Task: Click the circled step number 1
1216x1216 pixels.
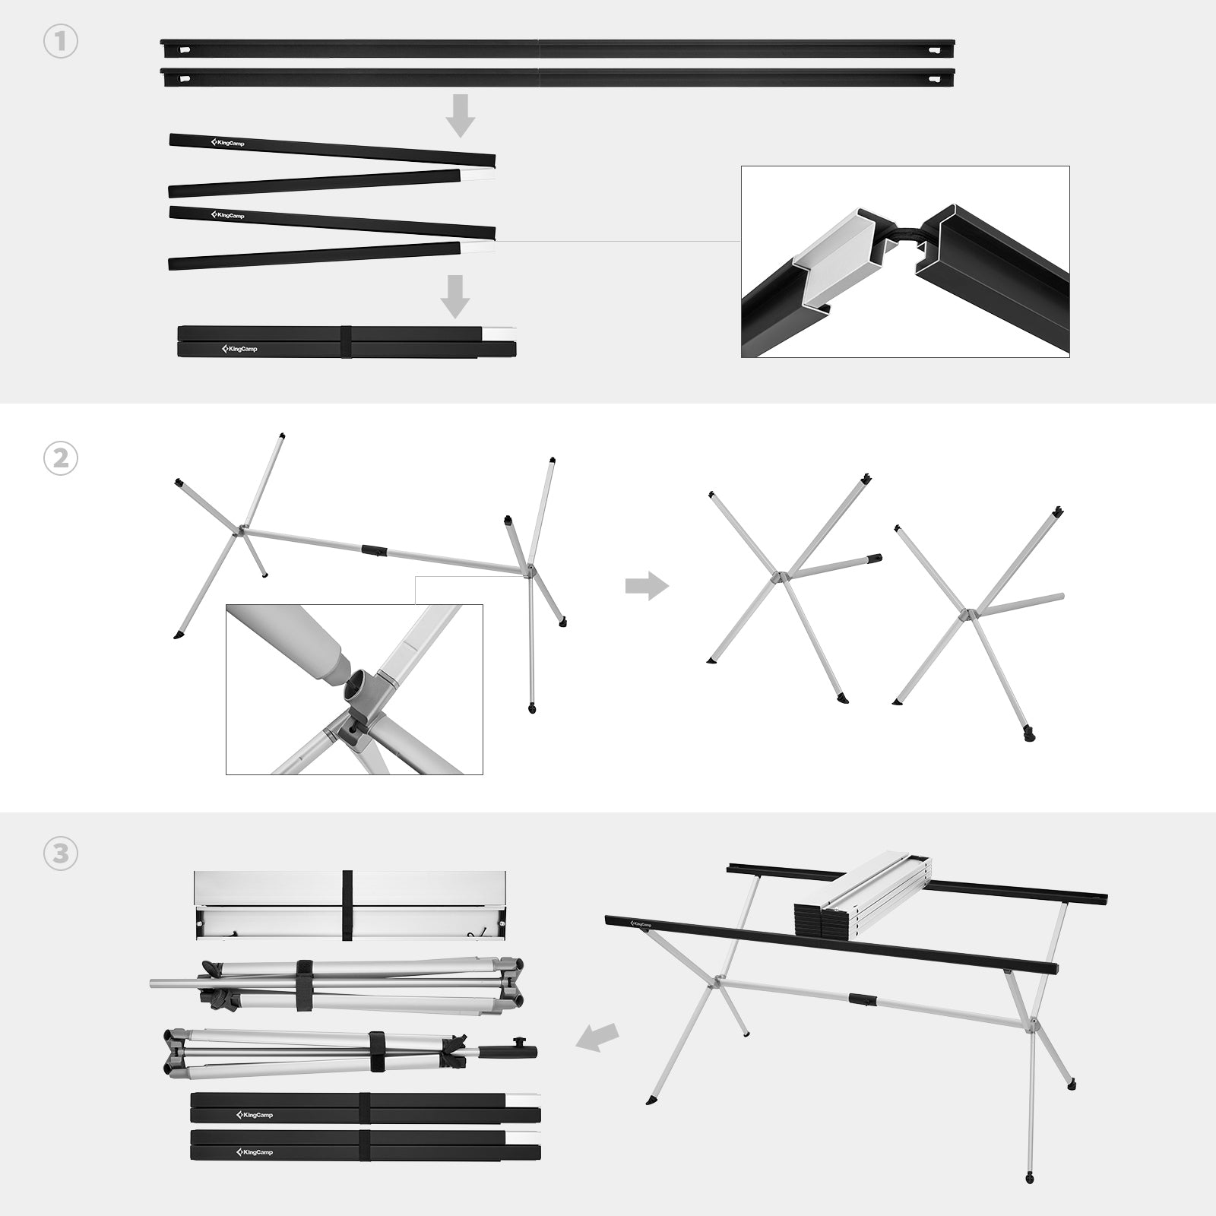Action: pos(61,43)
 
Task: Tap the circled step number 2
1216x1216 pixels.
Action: pos(61,460)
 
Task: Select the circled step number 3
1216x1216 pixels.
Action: pos(61,854)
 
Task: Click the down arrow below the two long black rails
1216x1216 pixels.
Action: pos(460,115)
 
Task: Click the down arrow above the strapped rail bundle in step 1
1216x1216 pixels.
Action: pos(455,296)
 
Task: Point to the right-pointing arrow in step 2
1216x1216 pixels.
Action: pos(647,586)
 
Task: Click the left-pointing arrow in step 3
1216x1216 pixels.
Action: pos(597,1037)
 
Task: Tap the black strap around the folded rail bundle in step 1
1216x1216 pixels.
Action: pos(346,341)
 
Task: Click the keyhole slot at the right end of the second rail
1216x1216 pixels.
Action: pos(933,78)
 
